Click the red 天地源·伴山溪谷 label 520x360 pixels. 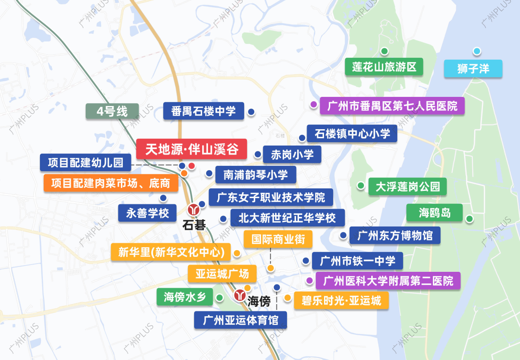[192, 149]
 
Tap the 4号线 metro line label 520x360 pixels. [112, 111]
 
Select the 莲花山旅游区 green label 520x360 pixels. [384, 67]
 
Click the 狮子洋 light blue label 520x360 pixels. [473, 68]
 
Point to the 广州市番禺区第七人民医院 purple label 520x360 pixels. [392, 106]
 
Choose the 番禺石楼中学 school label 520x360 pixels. [204, 112]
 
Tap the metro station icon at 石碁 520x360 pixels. [194, 210]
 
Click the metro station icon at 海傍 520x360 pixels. [240, 295]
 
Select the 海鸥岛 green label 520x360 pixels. [434, 212]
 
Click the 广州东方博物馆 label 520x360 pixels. [395, 236]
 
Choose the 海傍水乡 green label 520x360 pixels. [184, 297]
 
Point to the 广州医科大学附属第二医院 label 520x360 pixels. [388, 280]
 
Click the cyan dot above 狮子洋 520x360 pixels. [477, 51]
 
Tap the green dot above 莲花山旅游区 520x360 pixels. [384, 51]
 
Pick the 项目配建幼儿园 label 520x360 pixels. [86, 162]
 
